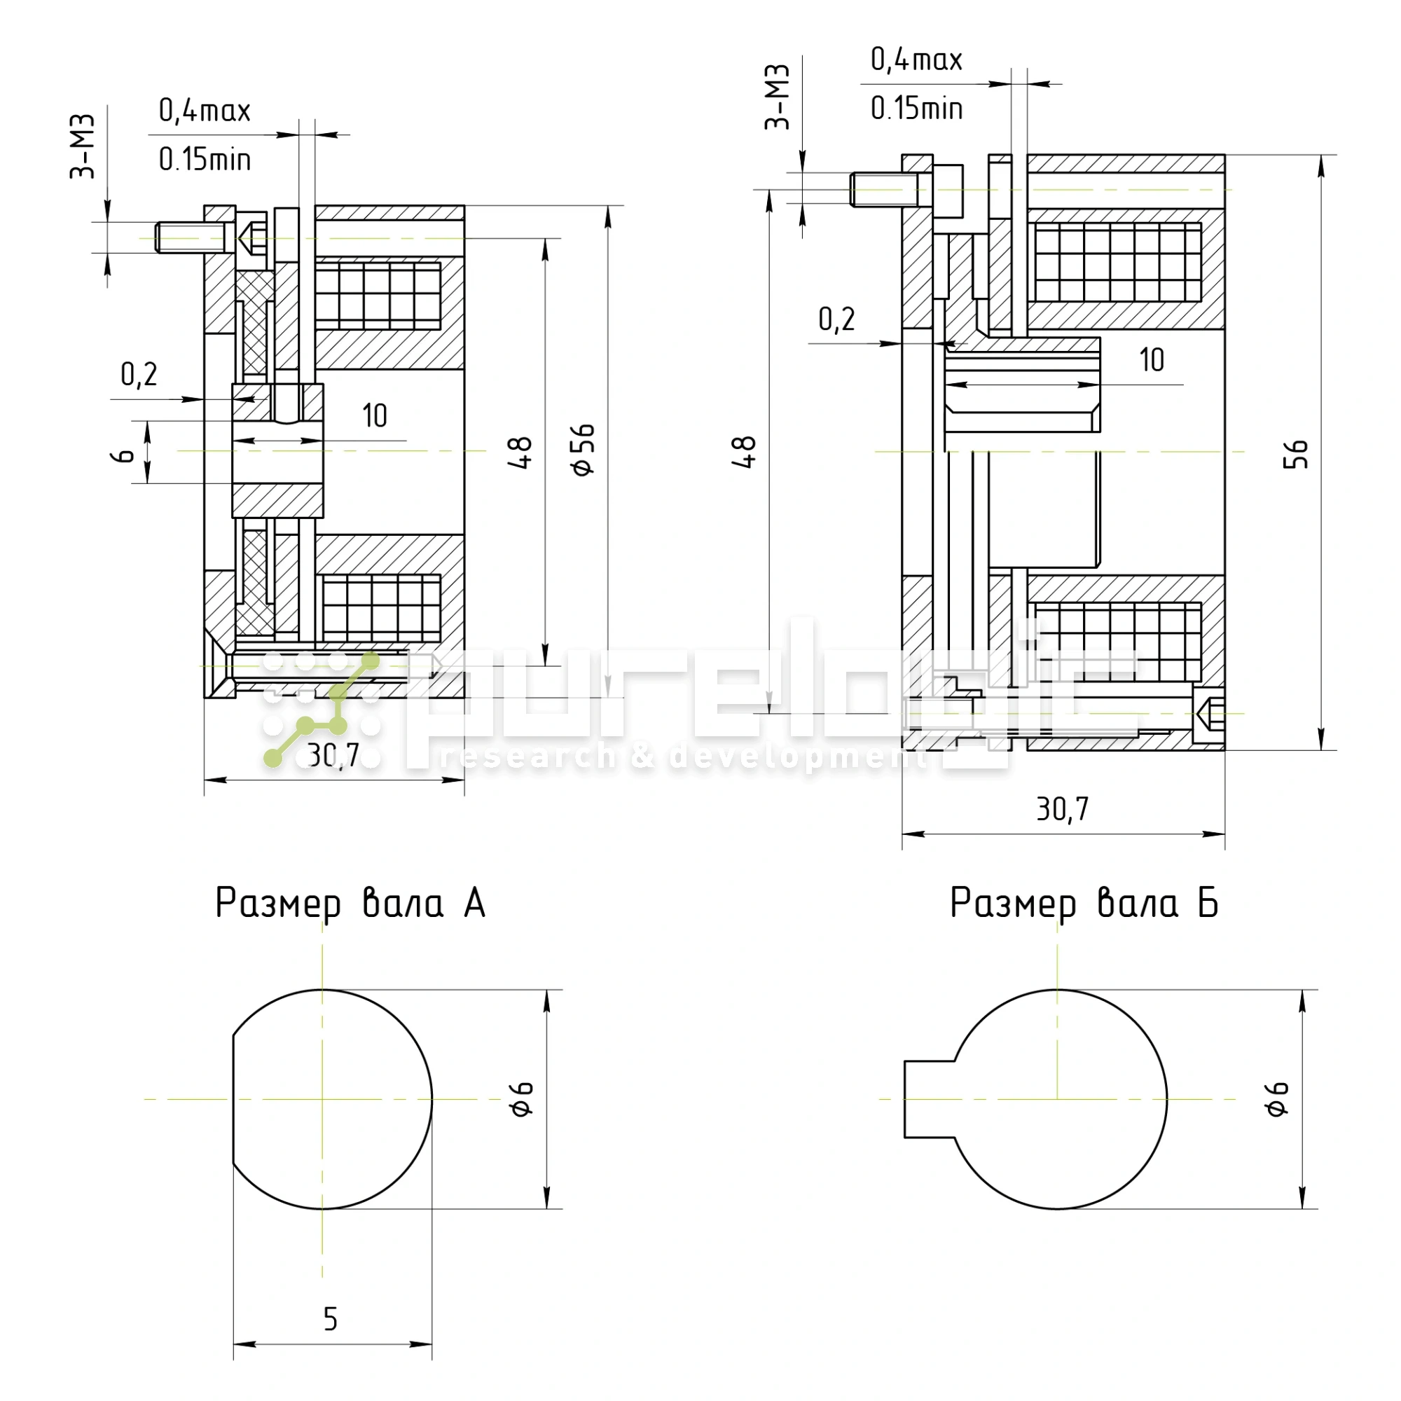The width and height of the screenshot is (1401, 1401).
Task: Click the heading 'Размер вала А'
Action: (x=350, y=904)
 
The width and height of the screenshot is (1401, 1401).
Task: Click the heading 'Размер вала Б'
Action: (x=1084, y=904)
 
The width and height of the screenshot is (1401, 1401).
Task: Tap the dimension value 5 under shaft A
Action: (x=331, y=1319)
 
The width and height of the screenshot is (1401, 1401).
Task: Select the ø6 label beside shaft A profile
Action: (x=522, y=1098)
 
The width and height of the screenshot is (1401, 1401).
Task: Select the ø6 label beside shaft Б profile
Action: (x=1277, y=1098)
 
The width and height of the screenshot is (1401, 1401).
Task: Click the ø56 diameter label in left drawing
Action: (x=584, y=450)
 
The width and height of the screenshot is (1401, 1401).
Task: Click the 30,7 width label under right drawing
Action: (x=1063, y=809)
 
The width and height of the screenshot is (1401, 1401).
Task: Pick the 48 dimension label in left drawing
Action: (x=521, y=453)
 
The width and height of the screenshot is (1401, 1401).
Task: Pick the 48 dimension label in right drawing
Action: (x=745, y=453)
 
